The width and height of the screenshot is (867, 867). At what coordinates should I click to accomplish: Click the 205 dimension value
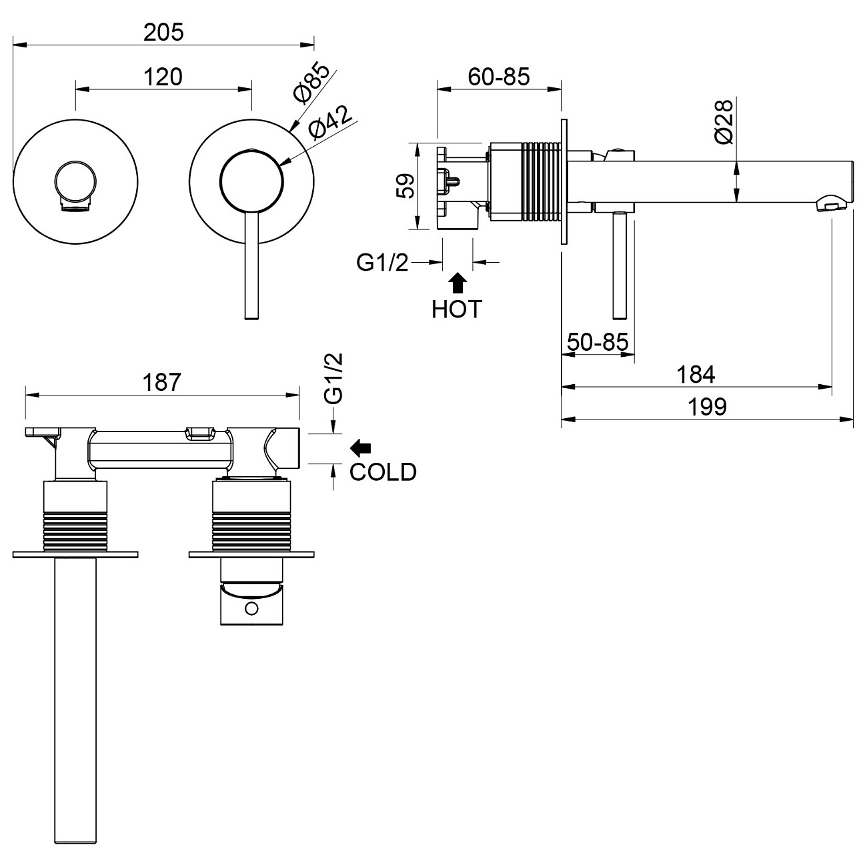click(163, 31)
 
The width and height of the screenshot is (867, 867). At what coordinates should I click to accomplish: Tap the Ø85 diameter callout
click(311, 83)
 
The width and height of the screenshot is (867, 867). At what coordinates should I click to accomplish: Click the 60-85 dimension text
click(498, 77)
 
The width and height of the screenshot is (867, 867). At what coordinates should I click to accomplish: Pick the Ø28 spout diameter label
click(724, 121)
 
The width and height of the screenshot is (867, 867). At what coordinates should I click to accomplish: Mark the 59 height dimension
click(405, 186)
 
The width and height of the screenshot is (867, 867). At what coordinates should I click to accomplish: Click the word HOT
click(457, 309)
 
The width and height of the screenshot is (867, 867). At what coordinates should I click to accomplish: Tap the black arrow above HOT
click(458, 283)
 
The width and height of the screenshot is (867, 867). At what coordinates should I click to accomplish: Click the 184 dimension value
click(696, 374)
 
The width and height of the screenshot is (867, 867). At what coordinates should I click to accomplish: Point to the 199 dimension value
click(708, 406)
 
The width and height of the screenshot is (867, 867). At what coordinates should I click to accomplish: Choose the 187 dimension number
click(162, 382)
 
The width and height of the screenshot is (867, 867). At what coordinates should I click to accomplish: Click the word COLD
click(383, 472)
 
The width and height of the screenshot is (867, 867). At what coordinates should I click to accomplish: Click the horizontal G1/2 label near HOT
click(381, 263)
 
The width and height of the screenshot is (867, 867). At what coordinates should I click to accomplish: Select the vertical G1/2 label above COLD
click(333, 378)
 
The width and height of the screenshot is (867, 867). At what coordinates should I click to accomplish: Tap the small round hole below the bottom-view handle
click(251, 608)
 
